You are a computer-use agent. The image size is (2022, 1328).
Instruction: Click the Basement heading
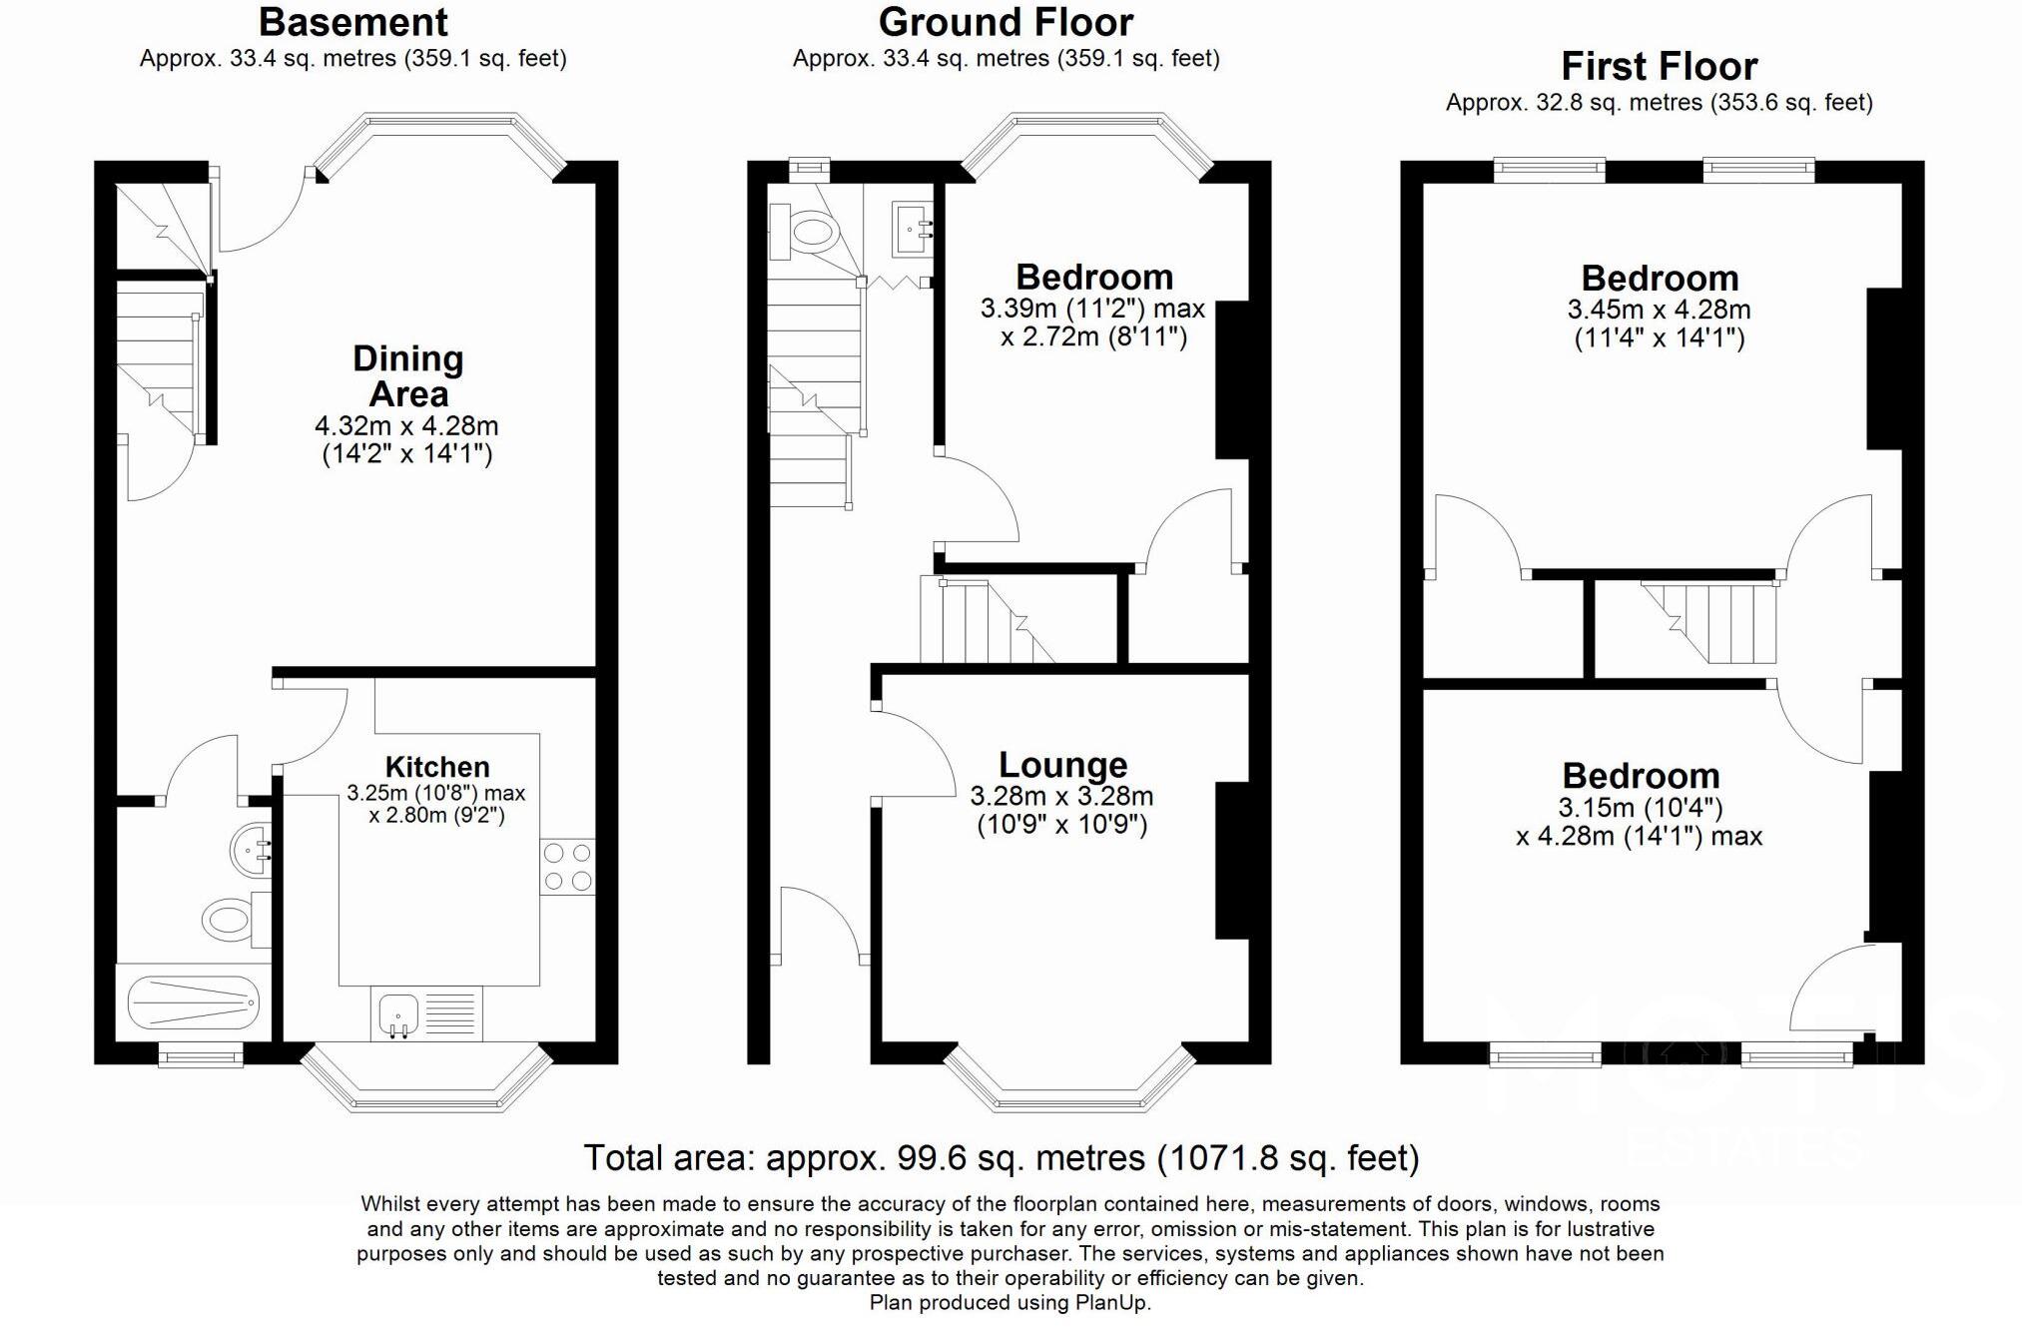353,22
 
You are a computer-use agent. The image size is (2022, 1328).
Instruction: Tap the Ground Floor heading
1006,22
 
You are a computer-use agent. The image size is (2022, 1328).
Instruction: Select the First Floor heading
1659,66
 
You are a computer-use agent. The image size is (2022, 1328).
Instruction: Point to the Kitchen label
437,767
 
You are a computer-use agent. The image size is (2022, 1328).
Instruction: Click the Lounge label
1062,765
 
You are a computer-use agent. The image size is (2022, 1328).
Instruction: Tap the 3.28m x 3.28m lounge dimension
1061,796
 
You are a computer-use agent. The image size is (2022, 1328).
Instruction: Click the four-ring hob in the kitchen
567,867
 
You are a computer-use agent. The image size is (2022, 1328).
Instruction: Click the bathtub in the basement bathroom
194,1001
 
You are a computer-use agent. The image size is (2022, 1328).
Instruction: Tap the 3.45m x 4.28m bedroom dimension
1659,310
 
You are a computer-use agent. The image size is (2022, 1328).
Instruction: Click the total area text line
1001,1158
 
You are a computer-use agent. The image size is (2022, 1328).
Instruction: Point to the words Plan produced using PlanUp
1010,1302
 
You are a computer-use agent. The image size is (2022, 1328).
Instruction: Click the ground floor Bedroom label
1094,277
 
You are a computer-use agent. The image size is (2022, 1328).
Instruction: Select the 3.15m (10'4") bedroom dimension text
1641,807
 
